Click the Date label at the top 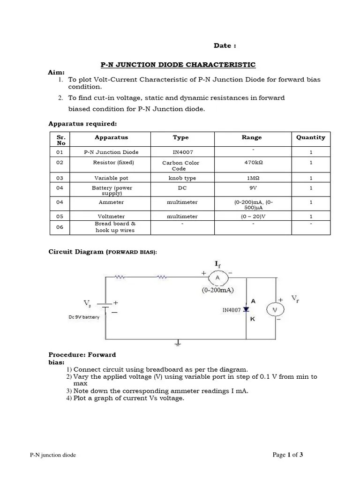[x=225, y=45]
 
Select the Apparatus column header [x=111, y=137]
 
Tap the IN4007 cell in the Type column [x=180, y=152]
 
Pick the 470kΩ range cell [x=252, y=163]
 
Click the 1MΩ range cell [x=252, y=178]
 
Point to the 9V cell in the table [x=252, y=188]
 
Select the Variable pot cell [x=111, y=178]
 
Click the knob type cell [x=180, y=178]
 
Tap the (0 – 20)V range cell [x=252, y=217]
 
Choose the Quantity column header [x=310, y=137]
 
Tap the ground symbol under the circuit [x=177, y=343]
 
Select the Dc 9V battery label [x=84, y=317]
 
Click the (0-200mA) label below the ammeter [x=218, y=290]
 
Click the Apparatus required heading [x=82, y=124]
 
